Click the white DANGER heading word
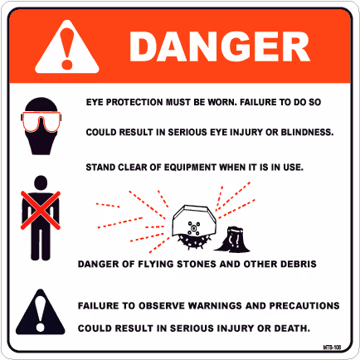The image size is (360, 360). [220, 46]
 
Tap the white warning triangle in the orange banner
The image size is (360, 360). [67, 47]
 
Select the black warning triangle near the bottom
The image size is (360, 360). [41, 313]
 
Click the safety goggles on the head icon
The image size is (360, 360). [41, 122]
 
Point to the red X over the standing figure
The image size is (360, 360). [41, 211]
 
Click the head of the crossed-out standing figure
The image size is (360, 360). [41, 182]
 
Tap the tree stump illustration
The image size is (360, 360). [233, 239]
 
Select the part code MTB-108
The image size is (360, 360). [332, 348]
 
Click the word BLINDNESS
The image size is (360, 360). [307, 132]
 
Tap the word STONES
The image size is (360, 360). [197, 264]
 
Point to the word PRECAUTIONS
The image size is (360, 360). [304, 305]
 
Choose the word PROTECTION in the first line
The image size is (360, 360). [134, 102]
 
